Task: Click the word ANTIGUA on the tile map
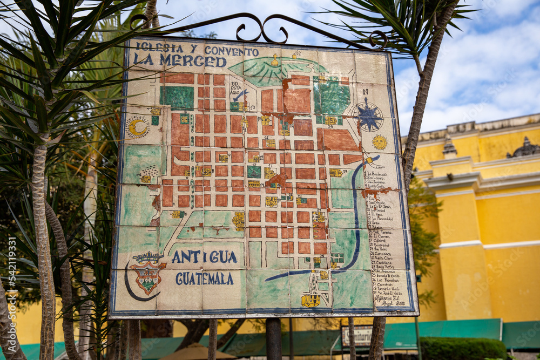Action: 204,257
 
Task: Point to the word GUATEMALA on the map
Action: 204,279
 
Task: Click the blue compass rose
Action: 369,117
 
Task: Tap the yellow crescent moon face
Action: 138,127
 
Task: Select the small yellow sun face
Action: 380,142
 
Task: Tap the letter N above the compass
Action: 366,92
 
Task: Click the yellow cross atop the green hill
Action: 275,60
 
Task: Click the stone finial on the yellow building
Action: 449,147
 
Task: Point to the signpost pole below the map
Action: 273,338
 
